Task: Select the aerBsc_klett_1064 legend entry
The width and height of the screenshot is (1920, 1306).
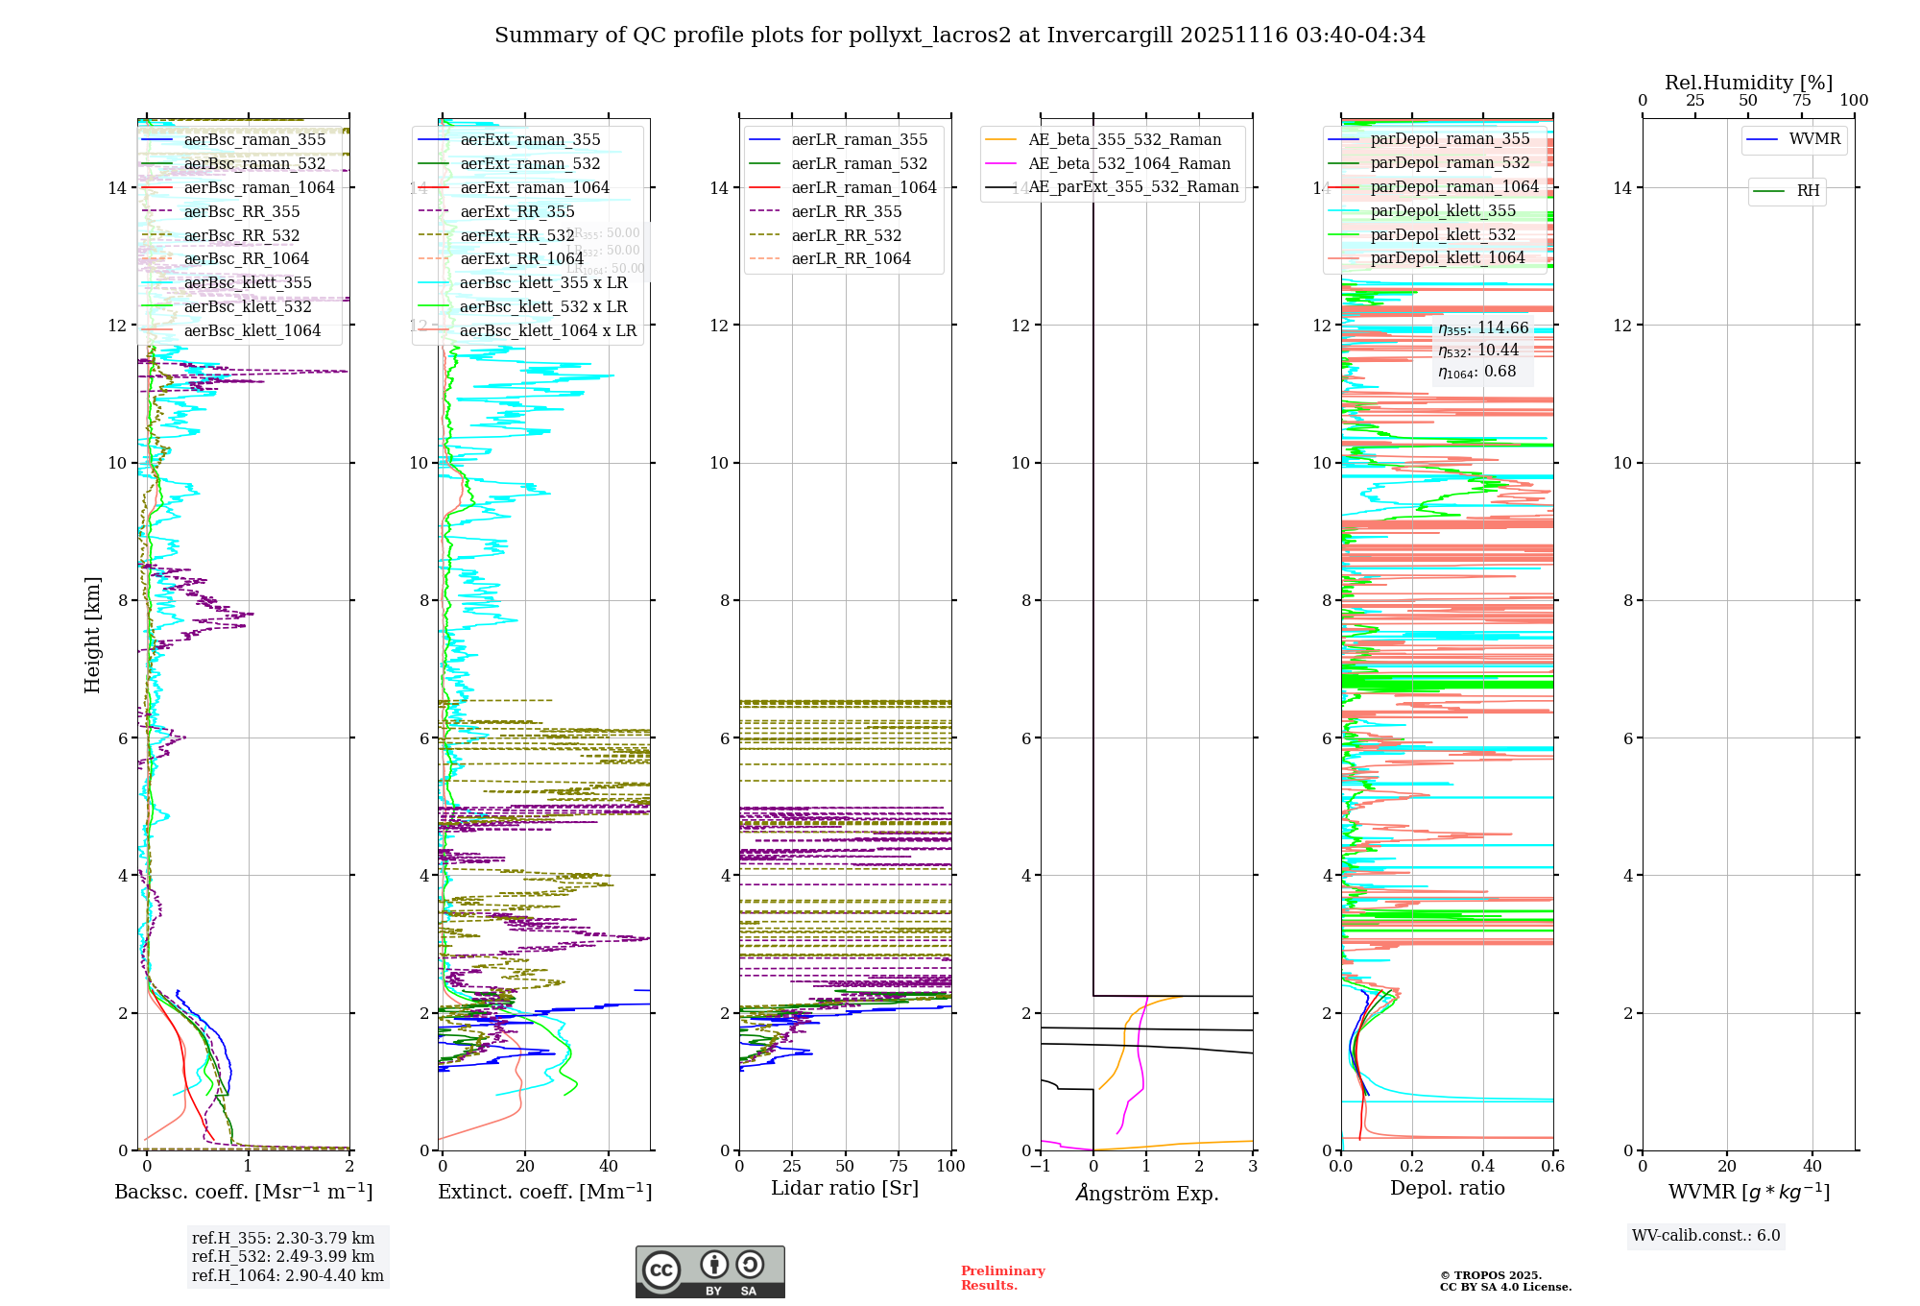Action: click(252, 331)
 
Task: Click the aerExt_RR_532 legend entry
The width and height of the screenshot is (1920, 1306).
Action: click(516, 235)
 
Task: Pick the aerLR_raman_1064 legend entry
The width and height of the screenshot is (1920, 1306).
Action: click(863, 187)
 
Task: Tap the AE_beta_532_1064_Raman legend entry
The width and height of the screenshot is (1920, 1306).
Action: click(1129, 163)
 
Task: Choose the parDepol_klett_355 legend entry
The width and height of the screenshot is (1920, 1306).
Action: click(1443, 211)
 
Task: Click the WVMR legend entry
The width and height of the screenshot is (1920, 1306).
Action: click(1814, 139)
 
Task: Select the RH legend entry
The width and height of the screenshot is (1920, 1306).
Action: click(1808, 191)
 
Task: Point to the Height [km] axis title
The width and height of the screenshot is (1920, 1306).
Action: click(92, 635)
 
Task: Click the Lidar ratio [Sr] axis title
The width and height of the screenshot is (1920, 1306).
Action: click(845, 1189)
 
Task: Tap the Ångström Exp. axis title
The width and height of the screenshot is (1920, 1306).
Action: click(1146, 1194)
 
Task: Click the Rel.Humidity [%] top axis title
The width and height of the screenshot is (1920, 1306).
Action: click(1748, 83)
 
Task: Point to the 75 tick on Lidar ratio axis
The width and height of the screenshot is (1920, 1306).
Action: click(899, 1167)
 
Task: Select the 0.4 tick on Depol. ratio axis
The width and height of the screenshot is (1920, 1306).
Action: click(1482, 1167)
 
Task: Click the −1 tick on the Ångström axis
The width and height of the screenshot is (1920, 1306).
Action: click(1040, 1167)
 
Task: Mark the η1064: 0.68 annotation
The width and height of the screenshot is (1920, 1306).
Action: click(1476, 373)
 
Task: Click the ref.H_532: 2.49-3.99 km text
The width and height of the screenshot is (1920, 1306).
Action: click(283, 1257)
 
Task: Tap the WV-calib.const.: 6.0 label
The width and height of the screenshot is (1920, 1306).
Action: click(1706, 1236)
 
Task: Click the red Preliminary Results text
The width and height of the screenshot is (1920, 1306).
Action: click(1002, 1278)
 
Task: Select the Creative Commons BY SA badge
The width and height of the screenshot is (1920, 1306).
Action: click(709, 1272)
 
